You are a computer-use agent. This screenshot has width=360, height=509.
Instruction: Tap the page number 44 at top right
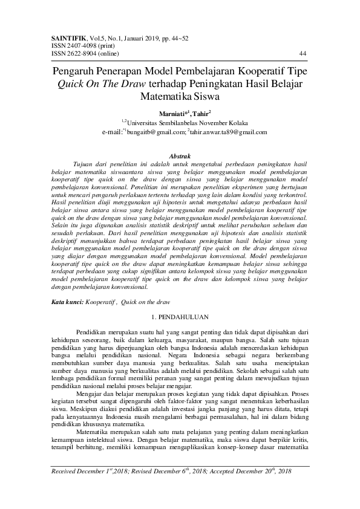303,53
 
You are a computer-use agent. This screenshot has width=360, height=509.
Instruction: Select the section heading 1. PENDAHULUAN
180,316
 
